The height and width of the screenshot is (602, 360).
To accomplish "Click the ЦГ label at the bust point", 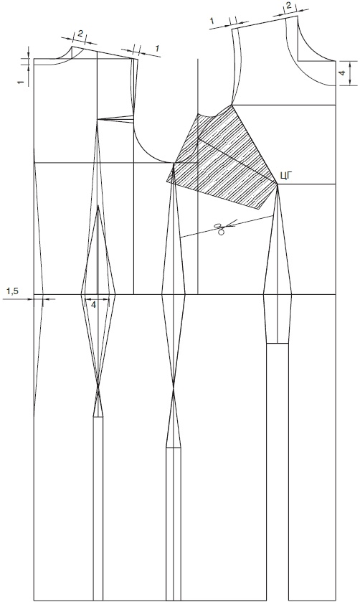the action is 287,177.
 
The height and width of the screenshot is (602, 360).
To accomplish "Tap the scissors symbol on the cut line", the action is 220,229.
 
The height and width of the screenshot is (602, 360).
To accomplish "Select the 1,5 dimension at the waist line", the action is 12,292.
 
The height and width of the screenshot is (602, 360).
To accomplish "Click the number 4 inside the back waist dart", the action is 93,304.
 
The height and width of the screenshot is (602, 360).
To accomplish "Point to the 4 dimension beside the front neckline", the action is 343,72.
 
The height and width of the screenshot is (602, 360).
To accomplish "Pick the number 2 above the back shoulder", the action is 80,34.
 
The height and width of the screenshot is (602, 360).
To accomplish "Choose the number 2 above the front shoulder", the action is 288,6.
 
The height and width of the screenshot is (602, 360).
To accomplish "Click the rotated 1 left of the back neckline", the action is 21,82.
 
